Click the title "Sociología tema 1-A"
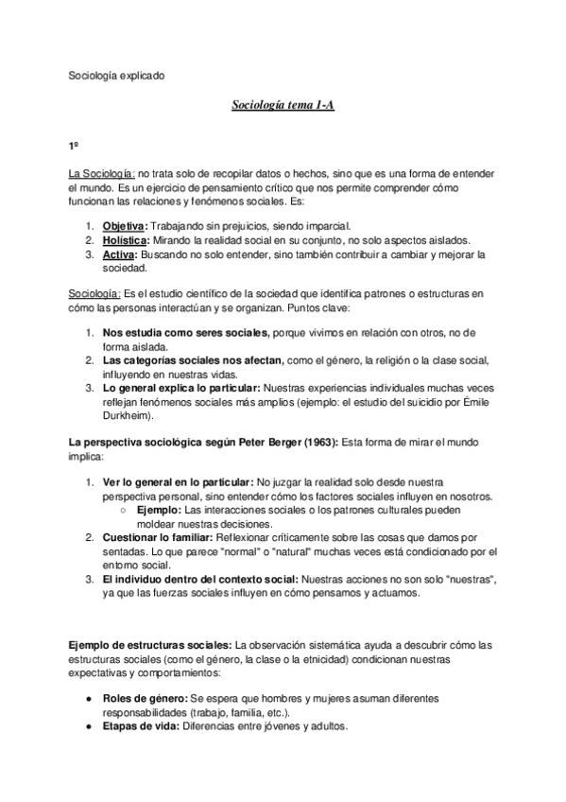pos(283,106)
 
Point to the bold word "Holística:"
pos(126,240)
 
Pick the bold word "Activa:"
pos(120,254)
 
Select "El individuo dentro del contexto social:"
pos(199,580)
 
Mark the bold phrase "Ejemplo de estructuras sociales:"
pos(150,645)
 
